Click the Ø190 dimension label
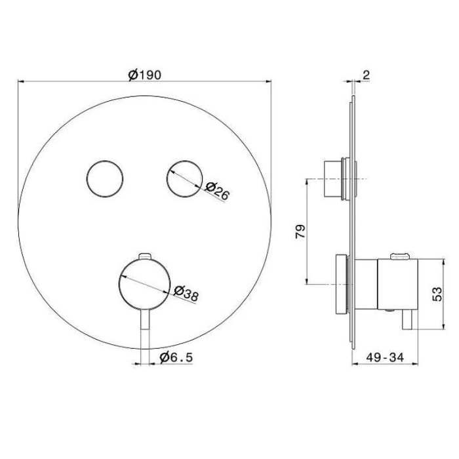point(145,75)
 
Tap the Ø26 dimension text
point(217,191)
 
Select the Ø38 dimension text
point(186,293)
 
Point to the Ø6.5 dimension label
point(176,357)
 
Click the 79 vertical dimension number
point(300,231)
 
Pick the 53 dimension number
point(437,294)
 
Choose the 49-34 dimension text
point(385,357)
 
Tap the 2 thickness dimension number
point(366,75)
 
